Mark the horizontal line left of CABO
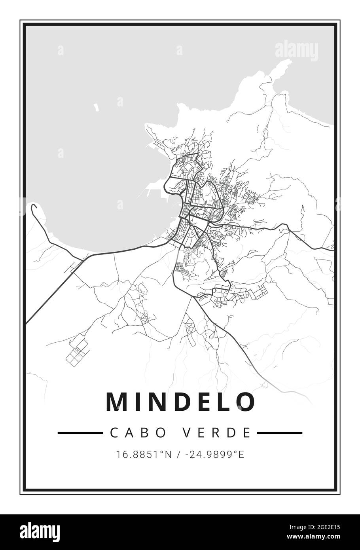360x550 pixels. coord(80,433)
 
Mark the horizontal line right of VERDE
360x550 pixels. coord(280,433)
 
